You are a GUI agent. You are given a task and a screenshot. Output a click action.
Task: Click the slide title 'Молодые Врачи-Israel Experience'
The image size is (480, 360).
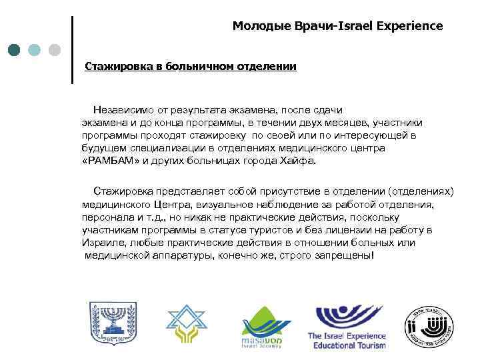coord(337,27)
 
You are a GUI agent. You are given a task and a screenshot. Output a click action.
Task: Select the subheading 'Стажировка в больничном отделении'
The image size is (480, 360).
coord(190,67)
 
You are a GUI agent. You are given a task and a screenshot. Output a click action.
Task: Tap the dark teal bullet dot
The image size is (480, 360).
coord(15,50)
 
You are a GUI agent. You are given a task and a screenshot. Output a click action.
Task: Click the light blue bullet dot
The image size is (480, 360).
coord(35,50)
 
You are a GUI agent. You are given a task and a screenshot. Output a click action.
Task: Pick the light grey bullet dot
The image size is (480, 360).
coord(55,50)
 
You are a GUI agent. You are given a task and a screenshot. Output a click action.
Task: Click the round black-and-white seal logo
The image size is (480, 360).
coord(430,326)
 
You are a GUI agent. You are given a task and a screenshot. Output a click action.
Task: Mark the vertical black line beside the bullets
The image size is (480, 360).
coord(71,50)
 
